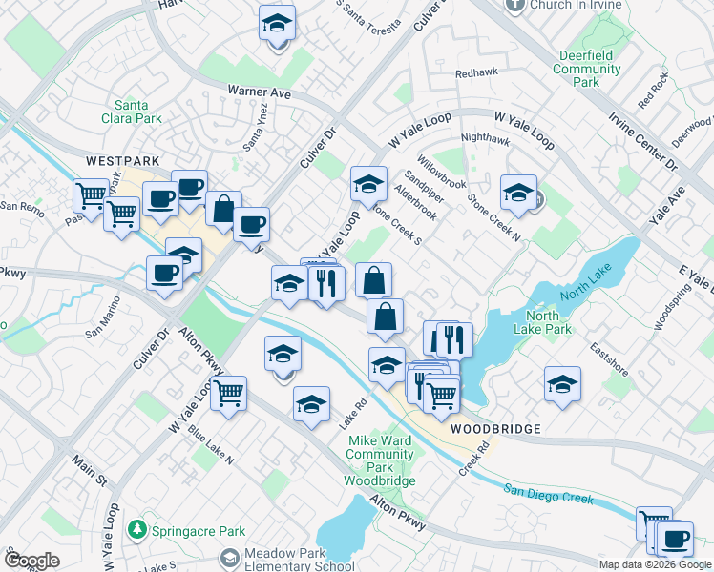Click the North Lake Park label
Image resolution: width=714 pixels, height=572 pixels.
[x=548, y=323]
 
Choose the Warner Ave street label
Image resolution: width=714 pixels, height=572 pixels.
[x=259, y=92]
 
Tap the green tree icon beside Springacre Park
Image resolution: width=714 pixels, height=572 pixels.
[x=138, y=528]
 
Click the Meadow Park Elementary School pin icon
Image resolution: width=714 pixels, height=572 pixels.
[x=229, y=557]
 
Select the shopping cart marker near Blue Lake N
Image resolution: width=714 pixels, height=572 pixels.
[x=229, y=392]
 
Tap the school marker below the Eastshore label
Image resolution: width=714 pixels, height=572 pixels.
[x=562, y=384]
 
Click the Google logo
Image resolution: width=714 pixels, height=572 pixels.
[x=31, y=561]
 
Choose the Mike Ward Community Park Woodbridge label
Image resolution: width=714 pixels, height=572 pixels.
[x=381, y=460]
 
